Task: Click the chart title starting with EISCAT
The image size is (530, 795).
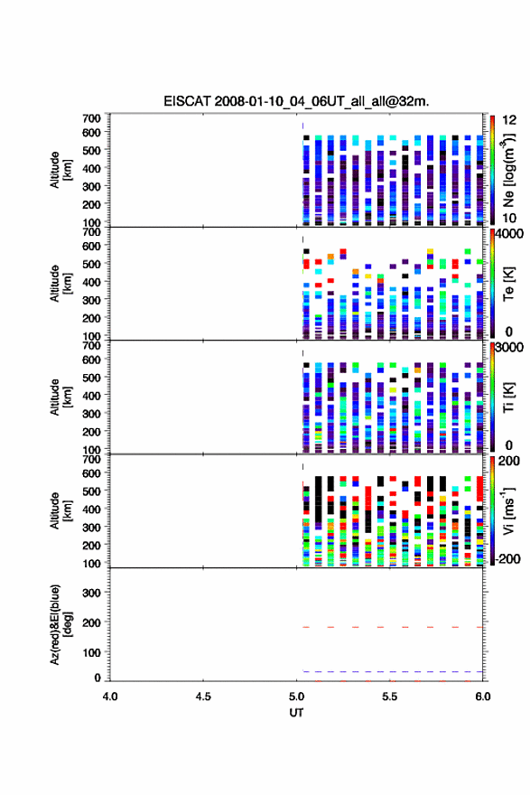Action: pos(296,101)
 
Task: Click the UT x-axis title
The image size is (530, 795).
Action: pos(296,713)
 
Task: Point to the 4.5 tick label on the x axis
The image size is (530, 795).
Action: pos(203,697)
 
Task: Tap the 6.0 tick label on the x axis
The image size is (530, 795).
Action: pos(483,697)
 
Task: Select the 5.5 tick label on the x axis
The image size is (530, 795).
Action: pos(390,697)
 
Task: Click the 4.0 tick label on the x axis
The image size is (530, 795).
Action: pos(110,697)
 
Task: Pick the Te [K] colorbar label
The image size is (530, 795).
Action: pos(508,284)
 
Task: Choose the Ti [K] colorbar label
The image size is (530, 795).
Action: pos(508,397)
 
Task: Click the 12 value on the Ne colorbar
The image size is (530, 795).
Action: pos(509,120)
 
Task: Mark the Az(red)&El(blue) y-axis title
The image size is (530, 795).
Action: pos(60,624)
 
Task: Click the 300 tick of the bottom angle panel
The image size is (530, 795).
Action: pos(92,593)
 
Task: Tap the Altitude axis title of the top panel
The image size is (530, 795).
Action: pos(60,170)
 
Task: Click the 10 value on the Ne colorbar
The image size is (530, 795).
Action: pos(509,218)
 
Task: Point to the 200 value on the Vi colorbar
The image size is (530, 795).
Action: pos(508,461)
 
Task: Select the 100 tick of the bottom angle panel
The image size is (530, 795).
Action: pos(92,652)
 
